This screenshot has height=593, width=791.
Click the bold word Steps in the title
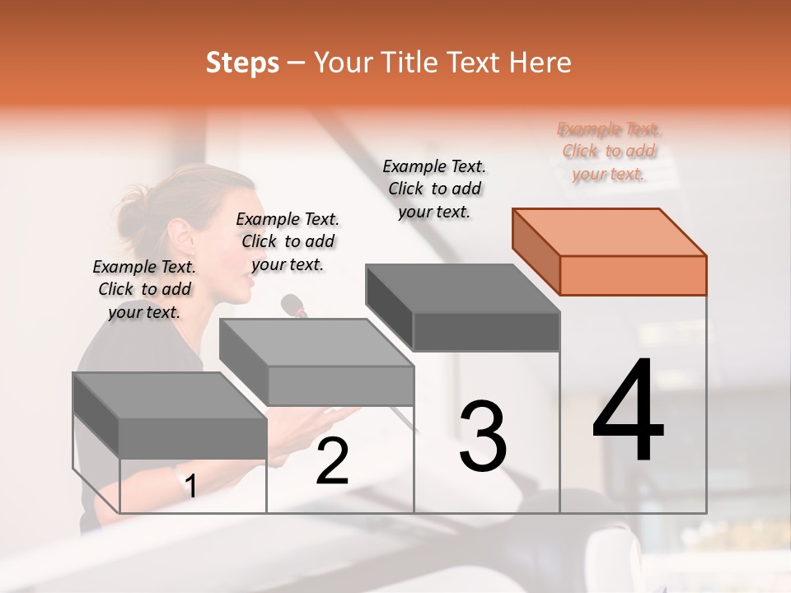[242, 63]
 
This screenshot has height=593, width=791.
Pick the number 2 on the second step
[332, 461]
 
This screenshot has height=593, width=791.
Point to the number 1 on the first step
[190, 486]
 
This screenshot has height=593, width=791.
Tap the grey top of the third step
[461, 288]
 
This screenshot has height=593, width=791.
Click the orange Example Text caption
[609, 151]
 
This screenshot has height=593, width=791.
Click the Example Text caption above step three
[434, 189]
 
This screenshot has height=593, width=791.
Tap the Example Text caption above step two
[288, 241]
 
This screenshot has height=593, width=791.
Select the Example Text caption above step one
[144, 289]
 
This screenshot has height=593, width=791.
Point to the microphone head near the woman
[293, 306]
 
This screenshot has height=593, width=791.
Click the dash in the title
[297, 63]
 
